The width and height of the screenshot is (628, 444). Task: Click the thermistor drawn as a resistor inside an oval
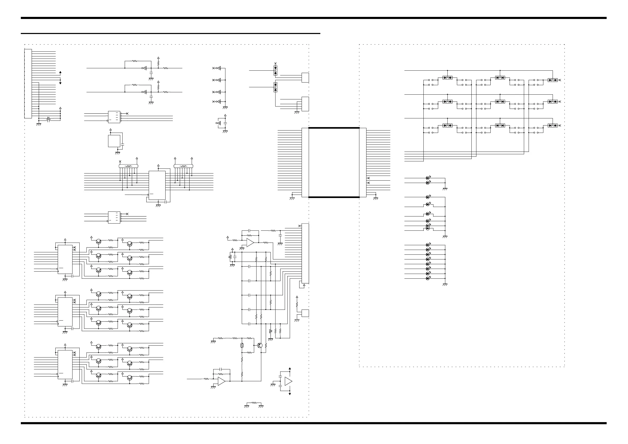point(242,345)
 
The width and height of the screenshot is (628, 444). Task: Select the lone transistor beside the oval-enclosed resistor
point(260,345)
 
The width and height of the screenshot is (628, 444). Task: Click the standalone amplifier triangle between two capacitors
point(288,381)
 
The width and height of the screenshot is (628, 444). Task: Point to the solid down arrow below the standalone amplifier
point(290,394)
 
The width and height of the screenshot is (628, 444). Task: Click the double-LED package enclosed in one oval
point(428,227)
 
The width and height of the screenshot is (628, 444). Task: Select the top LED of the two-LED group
point(428,178)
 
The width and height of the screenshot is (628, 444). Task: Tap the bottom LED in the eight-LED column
point(428,278)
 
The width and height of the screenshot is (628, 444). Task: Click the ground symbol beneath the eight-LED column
point(445,285)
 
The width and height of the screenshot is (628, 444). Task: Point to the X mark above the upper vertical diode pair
point(276,63)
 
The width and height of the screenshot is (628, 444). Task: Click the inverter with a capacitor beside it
point(218,123)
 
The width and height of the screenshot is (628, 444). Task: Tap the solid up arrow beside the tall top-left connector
point(60,73)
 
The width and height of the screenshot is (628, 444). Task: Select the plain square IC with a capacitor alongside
point(114,141)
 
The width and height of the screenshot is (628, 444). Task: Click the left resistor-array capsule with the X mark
point(128,166)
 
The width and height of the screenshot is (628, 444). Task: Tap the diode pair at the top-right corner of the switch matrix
point(553,80)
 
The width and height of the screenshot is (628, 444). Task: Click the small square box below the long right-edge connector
point(305,313)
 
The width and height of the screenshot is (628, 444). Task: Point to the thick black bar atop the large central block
point(334,128)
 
